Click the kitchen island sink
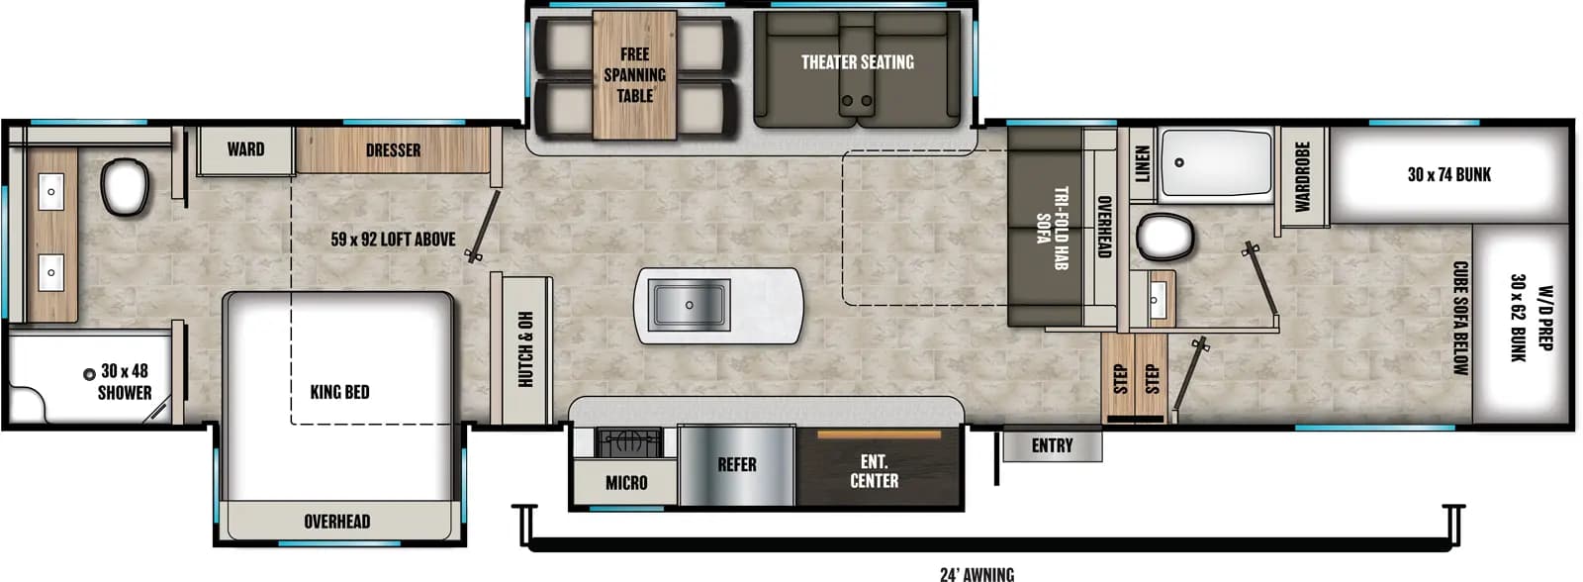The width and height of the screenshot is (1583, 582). point(690,305)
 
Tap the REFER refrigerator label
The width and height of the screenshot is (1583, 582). point(736,464)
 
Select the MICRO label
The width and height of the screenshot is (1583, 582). point(626,483)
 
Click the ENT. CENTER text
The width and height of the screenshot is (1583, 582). point(875,471)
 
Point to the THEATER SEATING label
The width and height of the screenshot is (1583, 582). point(857,62)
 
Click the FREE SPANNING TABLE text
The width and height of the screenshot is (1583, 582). point(635,75)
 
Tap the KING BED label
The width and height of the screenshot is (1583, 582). point(339,392)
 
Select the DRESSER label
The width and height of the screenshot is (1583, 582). point(393,150)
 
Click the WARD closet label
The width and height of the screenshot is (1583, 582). point(245,149)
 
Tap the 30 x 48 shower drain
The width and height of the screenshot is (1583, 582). point(89,373)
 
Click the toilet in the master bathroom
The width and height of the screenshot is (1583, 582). point(126,188)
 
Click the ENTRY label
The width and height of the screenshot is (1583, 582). point(1052,445)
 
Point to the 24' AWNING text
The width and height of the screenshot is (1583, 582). point(977,573)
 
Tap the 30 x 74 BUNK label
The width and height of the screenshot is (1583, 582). point(1448,174)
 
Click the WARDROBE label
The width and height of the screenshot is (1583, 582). point(1302,176)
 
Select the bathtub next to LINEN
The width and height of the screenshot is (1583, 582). point(1216,163)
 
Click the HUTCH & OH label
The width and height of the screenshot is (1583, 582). point(525,349)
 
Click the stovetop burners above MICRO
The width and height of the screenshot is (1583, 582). point(627,441)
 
